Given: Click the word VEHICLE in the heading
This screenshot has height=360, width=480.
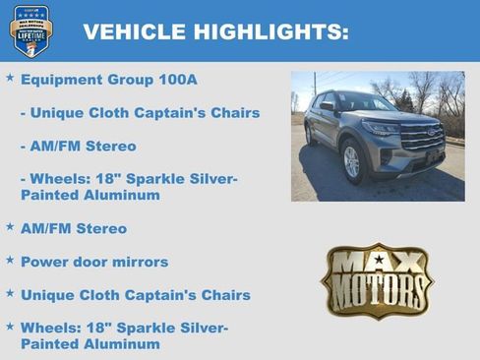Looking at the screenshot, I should [130, 31].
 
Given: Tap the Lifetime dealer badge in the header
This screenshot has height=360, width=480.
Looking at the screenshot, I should [30, 30].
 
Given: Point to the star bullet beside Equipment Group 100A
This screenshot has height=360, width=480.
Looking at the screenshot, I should [10, 77].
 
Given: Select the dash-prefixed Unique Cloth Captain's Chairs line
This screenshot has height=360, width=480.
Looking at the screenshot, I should [140, 113].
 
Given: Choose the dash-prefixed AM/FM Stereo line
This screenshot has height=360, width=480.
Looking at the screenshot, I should [78, 147].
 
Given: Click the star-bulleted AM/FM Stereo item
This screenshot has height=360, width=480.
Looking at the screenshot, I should [74, 229].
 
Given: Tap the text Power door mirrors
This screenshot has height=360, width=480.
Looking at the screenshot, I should [94, 263].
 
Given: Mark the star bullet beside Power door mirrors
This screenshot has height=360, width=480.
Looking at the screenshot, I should [10, 260].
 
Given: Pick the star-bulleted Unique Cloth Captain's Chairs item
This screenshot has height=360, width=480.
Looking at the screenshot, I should [136, 295].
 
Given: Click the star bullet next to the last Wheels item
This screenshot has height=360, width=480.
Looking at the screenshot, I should [10, 326].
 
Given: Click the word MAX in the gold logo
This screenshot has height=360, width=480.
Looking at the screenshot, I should [377, 264].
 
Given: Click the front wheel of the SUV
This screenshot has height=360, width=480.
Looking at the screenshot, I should [352, 161].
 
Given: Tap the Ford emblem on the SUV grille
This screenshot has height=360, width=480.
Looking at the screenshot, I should [431, 132].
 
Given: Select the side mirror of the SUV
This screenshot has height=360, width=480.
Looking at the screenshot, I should [328, 107].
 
